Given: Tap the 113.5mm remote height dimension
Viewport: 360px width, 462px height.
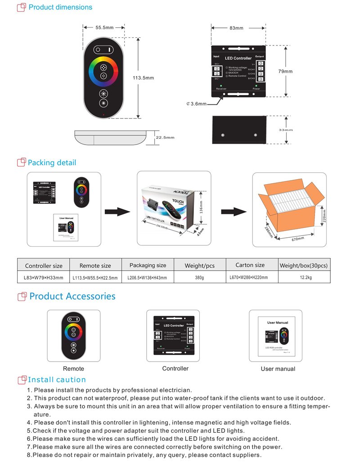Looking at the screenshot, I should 143,78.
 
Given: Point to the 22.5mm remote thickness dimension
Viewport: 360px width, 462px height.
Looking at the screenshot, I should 165,137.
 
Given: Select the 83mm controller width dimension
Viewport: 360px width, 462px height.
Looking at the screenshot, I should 236,28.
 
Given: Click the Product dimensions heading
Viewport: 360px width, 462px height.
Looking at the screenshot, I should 60,7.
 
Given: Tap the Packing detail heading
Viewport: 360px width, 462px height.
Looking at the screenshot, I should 52,163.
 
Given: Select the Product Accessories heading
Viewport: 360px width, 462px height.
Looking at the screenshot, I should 72,296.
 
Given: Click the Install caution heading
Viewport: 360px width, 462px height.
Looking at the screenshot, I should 57,380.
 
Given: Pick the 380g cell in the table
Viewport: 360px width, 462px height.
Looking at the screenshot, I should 199,278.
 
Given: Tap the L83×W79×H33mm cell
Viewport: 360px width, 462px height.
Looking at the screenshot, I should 43,278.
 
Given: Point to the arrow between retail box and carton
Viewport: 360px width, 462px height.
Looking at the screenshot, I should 234,212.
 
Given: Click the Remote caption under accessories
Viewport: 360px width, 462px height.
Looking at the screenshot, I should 73,369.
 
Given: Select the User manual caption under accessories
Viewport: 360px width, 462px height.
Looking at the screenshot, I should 278,369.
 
